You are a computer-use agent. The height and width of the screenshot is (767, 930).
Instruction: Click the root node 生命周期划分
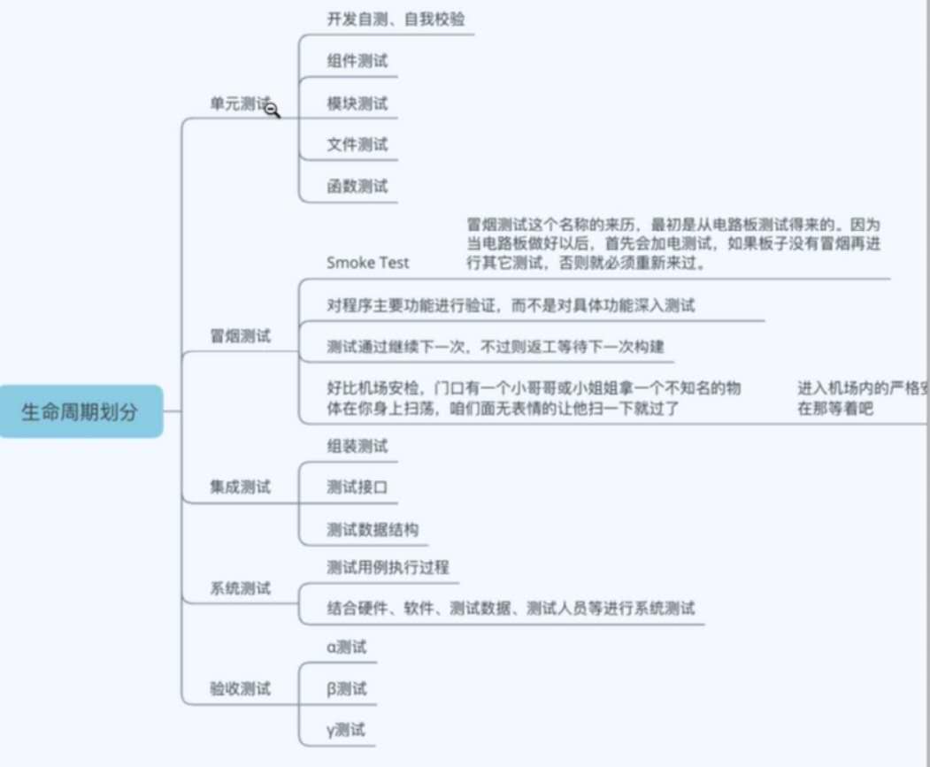click(x=80, y=411)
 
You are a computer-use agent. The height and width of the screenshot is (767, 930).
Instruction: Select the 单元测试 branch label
click(x=239, y=104)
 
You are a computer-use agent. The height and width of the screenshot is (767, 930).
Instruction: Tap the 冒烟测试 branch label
click(x=240, y=337)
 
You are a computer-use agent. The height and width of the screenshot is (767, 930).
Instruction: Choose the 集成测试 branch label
click(x=240, y=487)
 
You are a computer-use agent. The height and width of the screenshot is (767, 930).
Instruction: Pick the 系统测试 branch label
click(x=240, y=588)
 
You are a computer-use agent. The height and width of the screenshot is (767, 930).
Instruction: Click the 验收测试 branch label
click(x=240, y=689)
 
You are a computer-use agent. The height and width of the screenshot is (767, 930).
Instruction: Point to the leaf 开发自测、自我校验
click(x=395, y=19)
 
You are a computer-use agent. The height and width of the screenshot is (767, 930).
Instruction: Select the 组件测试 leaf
click(x=357, y=61)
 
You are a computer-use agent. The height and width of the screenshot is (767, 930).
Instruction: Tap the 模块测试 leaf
click(x=357, y=104)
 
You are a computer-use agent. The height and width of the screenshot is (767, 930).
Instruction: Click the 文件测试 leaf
click(x=357, y=144)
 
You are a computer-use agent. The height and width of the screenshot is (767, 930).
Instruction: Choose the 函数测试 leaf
click(x=357, y=187)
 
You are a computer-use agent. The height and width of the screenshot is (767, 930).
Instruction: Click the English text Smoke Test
click(x=367, y=263)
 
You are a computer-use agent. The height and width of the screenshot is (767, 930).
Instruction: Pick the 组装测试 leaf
click(x=357, y=446)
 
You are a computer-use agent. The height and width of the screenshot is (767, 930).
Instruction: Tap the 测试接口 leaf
click(x=357, y=487)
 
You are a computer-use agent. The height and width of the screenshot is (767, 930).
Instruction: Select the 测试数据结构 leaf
click(x=372, y=529)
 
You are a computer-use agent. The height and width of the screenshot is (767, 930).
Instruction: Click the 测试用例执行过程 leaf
click(x=387, y=567)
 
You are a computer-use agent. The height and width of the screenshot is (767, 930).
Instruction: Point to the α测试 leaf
click(x=346, y=648)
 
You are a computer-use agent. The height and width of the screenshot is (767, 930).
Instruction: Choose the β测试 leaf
click(x=346, y=689)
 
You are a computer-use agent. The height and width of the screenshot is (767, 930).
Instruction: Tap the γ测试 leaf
click(x=346, y=731)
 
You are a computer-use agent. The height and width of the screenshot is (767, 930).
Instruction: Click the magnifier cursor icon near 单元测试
click(x=272, y=109)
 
